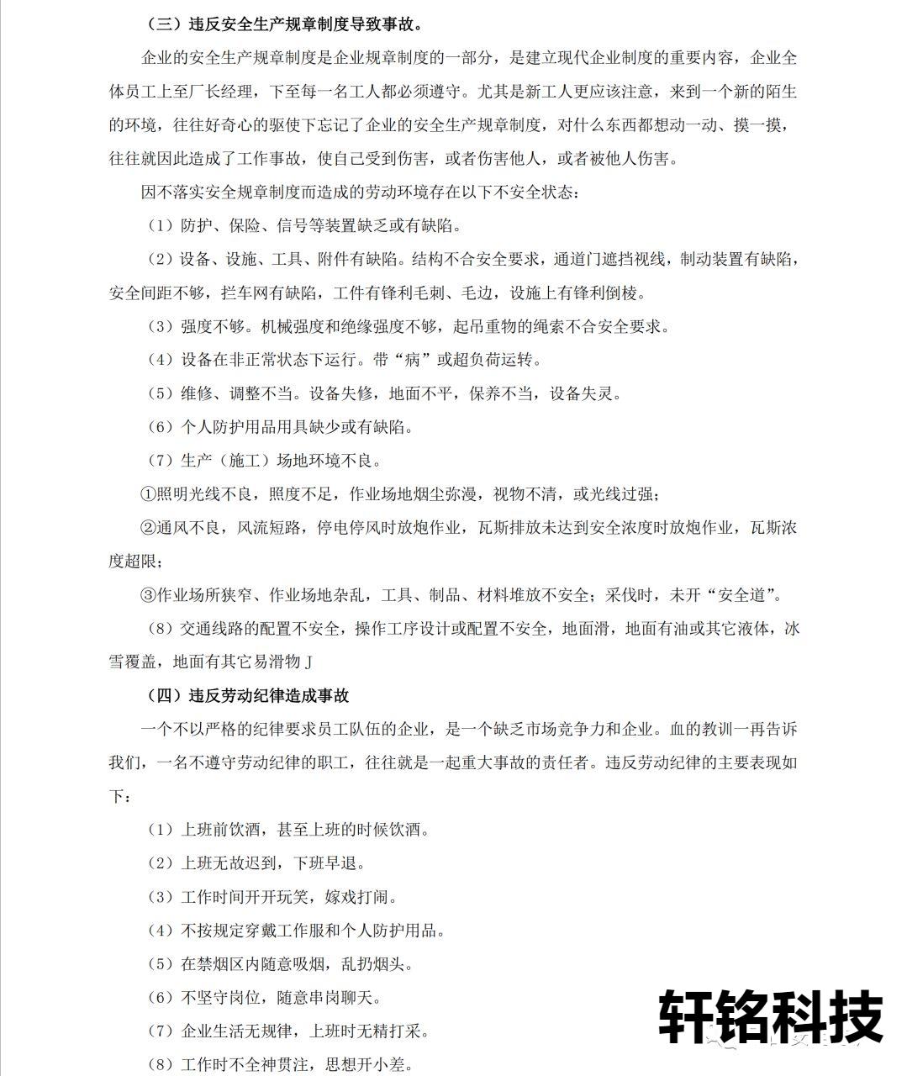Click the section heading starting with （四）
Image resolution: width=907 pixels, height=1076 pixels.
point(247,695)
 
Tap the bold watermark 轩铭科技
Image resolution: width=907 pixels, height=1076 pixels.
point(770,1015)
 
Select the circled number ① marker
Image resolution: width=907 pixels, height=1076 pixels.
point(148,494)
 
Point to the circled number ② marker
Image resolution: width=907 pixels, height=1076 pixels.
point(148,528)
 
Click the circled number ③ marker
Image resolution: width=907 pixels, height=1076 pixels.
point(148,595)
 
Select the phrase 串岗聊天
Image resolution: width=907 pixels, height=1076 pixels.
point(348,998)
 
